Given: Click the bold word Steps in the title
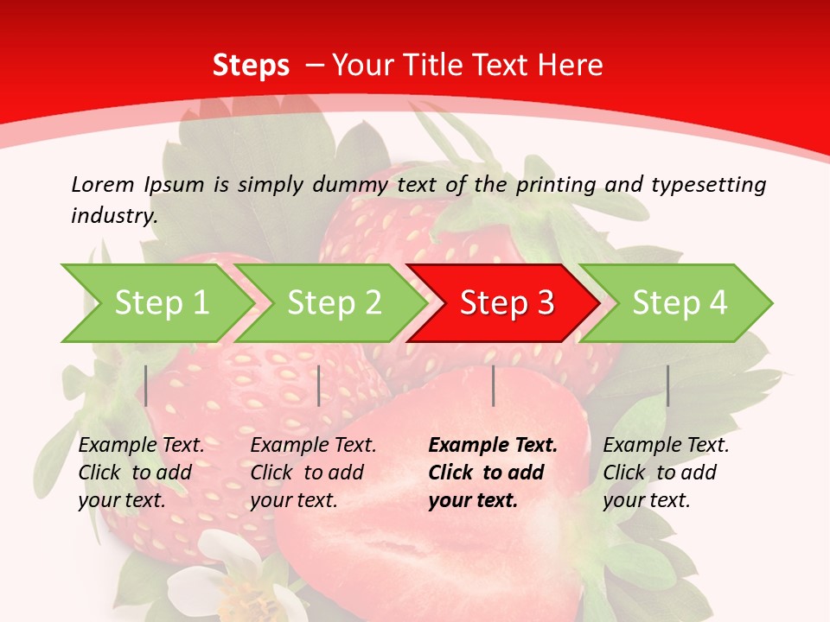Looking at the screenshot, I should pos(251,66).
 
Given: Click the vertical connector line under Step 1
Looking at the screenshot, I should pos(146,385).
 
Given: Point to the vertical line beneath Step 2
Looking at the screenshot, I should pos(319,385).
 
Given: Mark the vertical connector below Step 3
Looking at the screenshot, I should pos(493,385).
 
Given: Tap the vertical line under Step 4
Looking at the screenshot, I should pos(667,385).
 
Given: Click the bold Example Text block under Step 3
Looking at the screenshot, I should pos(493,473).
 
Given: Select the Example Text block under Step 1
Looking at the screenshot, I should pos(141,473).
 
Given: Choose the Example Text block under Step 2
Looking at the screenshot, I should pos(313,473).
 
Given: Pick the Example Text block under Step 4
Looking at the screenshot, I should pos(666,473).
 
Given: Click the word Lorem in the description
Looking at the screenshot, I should pos(103,184).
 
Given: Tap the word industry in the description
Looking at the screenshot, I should pos(113,216).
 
